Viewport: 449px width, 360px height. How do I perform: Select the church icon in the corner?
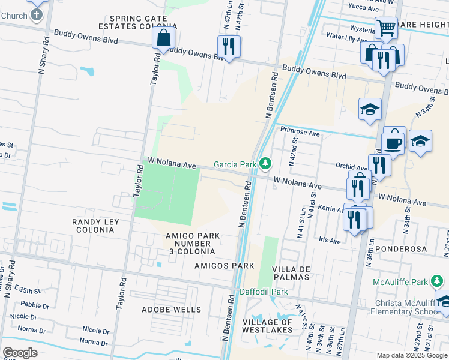(37, 13)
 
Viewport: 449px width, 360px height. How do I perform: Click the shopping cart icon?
(385, 26)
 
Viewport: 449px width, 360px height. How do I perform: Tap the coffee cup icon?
(394, 142)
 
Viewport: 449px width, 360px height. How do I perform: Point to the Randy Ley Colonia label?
(95, 226)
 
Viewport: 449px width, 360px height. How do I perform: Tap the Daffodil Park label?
(264, 292)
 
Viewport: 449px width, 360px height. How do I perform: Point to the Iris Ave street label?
(330, 241)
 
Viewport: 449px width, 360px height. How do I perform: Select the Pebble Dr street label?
(35, 305)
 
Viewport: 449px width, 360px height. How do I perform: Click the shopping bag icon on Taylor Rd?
(163, 38)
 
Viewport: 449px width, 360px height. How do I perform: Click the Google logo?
(20, 353)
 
